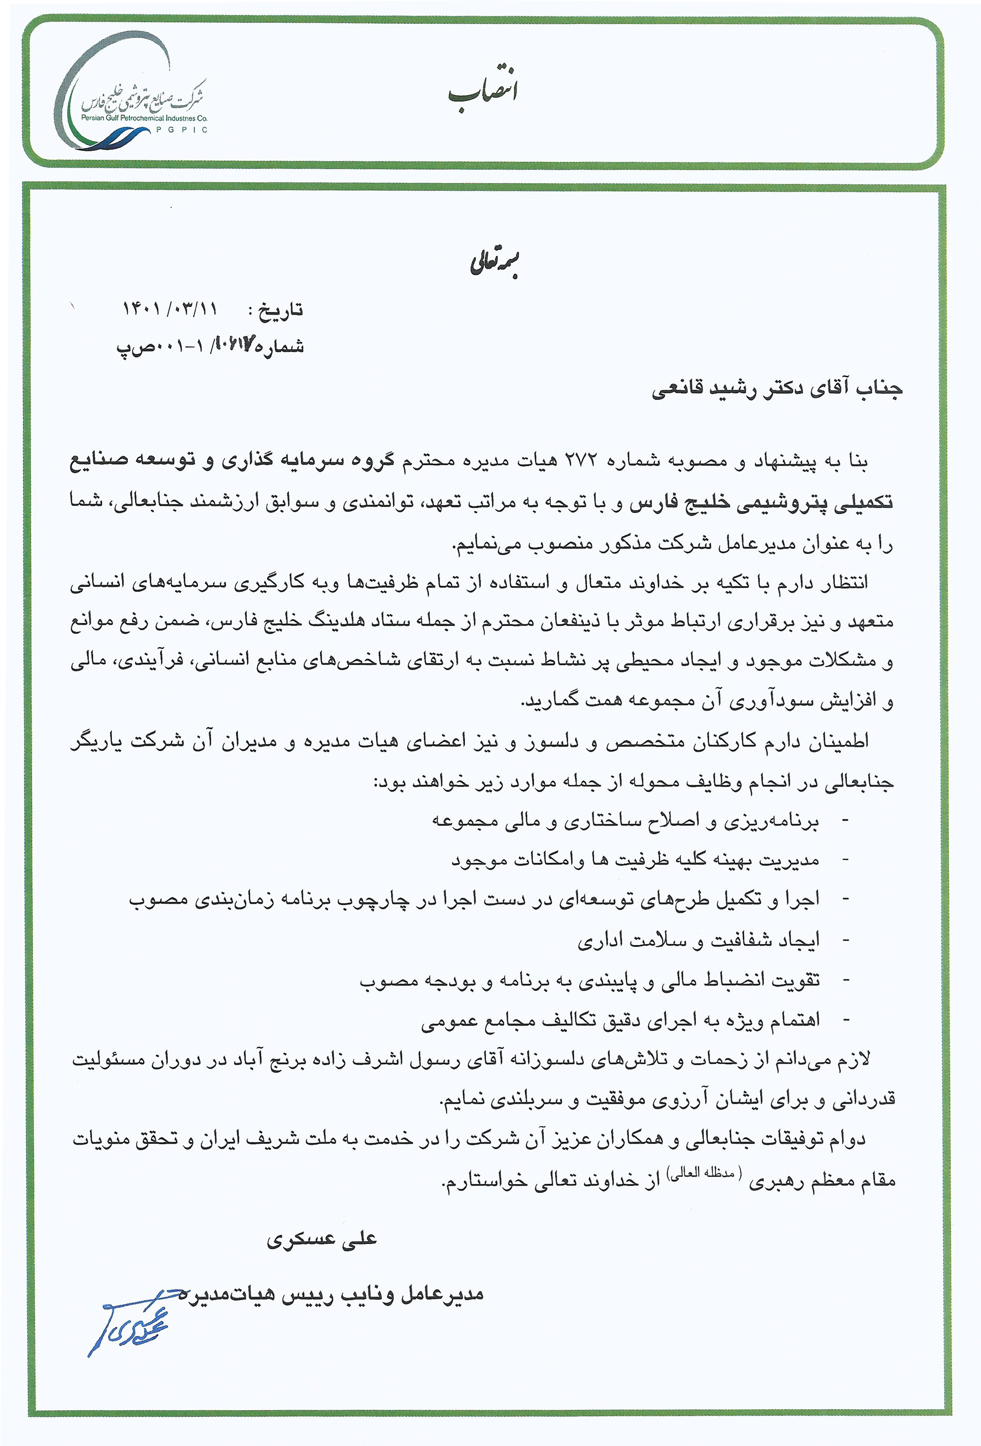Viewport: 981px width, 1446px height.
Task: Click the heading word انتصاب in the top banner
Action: pyautogui.click(x=483, y=91)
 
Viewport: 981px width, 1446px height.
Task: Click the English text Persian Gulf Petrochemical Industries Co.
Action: pyautogui.click(x=144, y=118)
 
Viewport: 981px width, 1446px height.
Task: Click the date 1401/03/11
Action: pyautogui.click(x=169, y=308)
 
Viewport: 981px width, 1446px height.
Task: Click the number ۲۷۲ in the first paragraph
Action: pyautogui.click(x=579, y=461)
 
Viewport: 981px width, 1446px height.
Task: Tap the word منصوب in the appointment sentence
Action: pyautogui.click(x=556, y=545)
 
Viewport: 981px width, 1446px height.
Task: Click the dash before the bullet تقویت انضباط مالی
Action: pyautogui.click(x=845, y=981)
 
